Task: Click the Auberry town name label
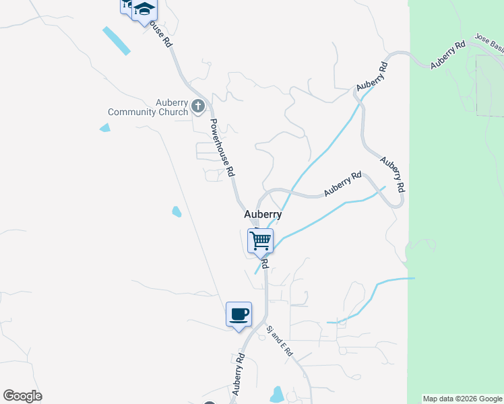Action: point(262,214)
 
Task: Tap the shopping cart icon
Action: point(260,240)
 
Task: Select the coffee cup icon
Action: point(239,314)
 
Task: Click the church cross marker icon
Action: point(199,106)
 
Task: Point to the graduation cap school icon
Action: point(144,10)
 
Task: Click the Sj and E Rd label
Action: point(280,341)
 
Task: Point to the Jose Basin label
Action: point(489,42)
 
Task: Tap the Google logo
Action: point(23,396)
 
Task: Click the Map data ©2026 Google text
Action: point(463,399)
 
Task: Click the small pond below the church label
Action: point(104,128)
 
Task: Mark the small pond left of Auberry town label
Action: point(177,211)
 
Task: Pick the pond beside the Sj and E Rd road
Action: point(277,393)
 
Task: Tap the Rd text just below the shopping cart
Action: point(265,262)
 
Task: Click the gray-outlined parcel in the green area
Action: point(490,86)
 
